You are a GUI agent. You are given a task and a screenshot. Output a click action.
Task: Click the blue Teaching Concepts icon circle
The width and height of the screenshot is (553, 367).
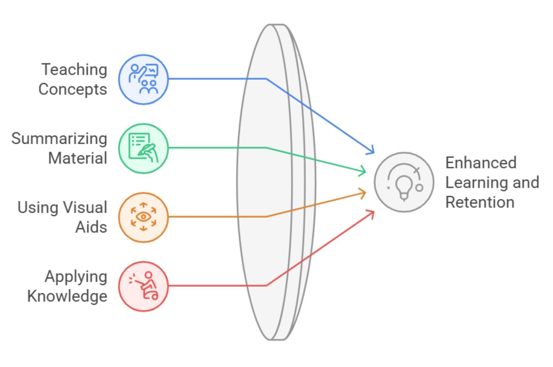143,79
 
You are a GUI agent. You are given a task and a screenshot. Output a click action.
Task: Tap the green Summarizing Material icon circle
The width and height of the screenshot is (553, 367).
143,148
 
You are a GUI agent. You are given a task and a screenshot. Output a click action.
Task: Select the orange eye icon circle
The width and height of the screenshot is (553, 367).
143,217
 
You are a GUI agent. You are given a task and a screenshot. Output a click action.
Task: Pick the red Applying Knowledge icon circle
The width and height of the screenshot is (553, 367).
143,286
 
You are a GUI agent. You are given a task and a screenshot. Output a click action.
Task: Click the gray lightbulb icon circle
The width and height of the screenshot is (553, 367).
404,182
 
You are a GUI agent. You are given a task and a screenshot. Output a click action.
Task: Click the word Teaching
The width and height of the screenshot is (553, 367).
74,70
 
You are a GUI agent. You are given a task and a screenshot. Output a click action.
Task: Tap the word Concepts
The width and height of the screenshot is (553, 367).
73,89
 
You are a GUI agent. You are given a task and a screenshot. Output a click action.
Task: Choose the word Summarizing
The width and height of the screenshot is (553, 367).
59,139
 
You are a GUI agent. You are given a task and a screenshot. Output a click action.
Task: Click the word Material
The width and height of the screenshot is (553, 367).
78,158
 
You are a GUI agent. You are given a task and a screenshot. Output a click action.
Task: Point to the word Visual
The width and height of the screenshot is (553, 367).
85,208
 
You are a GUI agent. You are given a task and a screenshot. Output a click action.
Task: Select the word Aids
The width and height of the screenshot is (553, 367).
91,227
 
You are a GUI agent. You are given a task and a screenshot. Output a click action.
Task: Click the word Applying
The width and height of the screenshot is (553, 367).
76,277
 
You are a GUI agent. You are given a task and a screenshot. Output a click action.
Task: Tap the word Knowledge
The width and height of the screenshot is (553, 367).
67,296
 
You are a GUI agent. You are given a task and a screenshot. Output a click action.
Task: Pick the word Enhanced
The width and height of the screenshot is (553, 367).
481,163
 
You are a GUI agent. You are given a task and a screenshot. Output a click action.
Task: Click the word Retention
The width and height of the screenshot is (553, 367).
480,202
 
